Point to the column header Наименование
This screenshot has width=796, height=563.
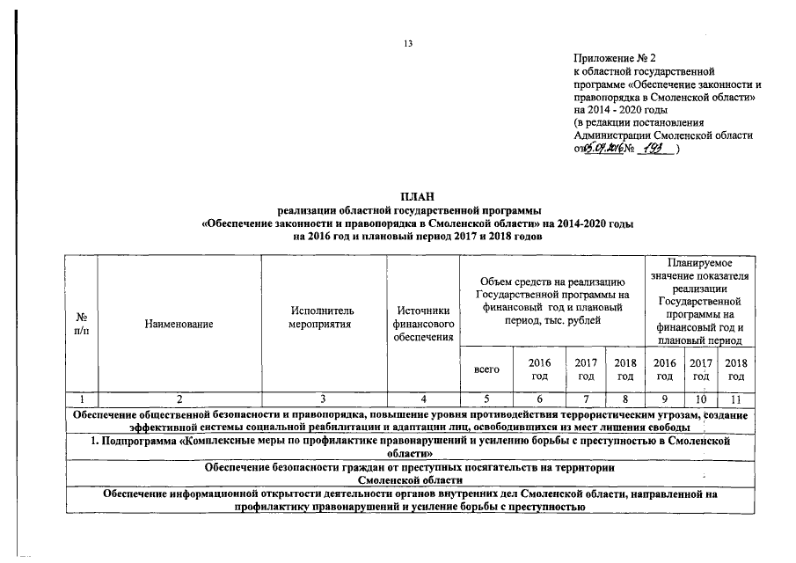[x=180, y=325]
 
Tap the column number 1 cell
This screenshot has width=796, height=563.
[x=82, y=400]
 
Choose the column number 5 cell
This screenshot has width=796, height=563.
[x=486, y=400]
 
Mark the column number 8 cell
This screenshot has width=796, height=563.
[x=624, y=400]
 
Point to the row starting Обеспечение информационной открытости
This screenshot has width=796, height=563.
[x=410, y=501]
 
